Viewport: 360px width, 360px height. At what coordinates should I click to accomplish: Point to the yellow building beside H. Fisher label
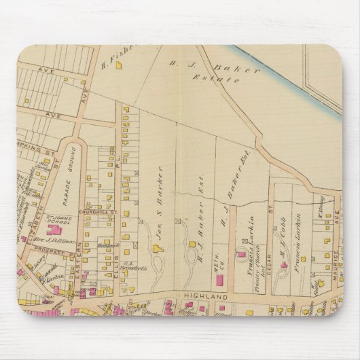(x=120, y=66)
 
